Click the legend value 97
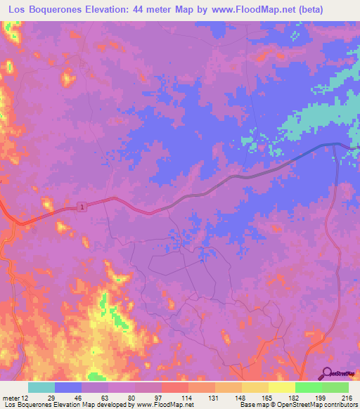[161, 397]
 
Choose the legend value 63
[108, 397]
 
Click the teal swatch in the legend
[41, 387]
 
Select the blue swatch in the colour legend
[68, 387]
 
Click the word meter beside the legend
[12, 397]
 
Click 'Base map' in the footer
[252, 405]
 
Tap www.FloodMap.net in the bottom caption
[166, 405]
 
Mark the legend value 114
[188, 397]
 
